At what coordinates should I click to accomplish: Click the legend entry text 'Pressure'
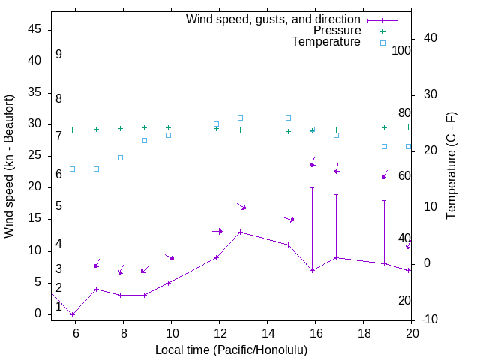pos(337,31)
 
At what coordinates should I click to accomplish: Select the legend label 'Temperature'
pos(326,42)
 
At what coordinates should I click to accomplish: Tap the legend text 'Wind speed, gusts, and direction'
pos(274,19)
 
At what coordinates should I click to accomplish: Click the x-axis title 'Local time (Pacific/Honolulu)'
pos(231,349)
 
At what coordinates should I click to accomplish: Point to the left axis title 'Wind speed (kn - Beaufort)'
pos(9,166)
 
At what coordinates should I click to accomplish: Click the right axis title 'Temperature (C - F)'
pos(451,166)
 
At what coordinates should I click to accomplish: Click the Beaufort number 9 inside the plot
pos(58,55)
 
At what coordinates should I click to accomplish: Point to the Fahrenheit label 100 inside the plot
pos(401,50)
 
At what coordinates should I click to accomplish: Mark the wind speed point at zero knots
pos(72,314)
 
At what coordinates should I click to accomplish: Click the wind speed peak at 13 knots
pos(240,232)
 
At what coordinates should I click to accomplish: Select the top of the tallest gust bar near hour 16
pos(312,187)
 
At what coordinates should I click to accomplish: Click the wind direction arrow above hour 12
pos(217,231)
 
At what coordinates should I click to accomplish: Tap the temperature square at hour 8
pos(120,157)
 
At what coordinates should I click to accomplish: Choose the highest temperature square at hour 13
pos(240,118)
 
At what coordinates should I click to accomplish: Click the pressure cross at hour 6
pos(72,130)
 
